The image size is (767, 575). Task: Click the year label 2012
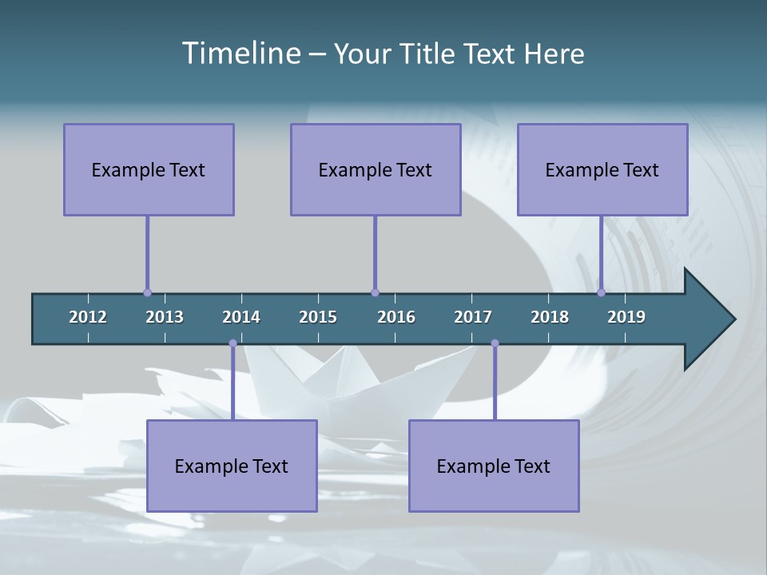(x=88, y=317)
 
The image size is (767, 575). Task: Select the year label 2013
(x=165, y=317)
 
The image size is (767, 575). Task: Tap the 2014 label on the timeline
(x=241, y=317)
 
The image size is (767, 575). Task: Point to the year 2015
(x=318, y=317)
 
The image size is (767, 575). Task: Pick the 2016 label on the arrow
(x=396, y=317)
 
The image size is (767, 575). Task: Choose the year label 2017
(x=473, y=317)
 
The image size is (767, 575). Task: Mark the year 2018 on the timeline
(x=550, y=317)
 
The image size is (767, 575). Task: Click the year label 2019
(x=626, y=317)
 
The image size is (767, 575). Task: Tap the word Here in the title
(x=554, y=54)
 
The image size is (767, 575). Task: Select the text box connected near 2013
(x=149, y=169)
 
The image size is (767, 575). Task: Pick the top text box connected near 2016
(x=376, y=169)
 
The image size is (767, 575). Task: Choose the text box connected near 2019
(x=602, y=169)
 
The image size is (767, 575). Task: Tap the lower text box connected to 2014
(x=232, y=466)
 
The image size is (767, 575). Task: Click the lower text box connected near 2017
(x=494, y=466)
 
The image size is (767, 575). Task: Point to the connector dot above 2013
(x=147, y=292)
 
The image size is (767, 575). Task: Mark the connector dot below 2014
(x=232, y=343)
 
